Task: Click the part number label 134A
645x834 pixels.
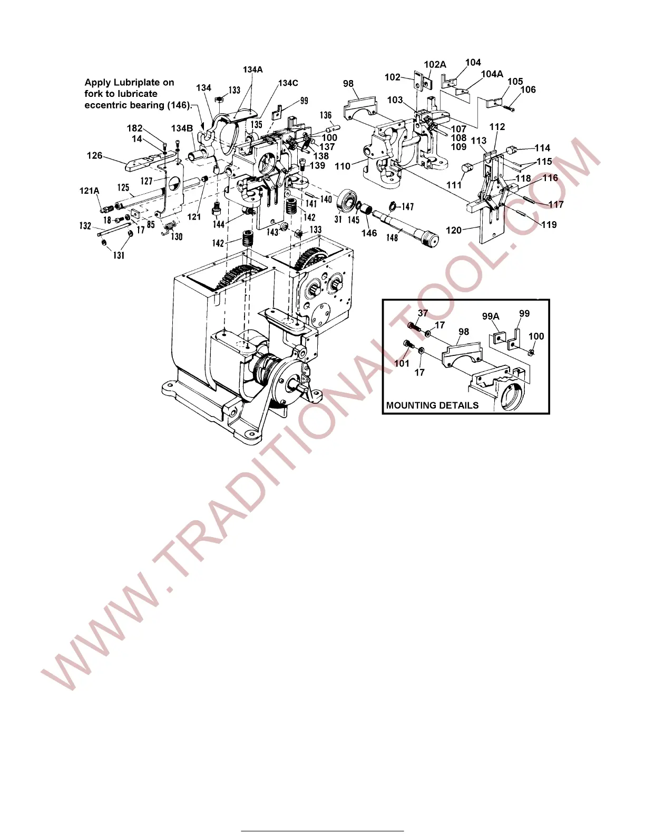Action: click(x=252, y=69)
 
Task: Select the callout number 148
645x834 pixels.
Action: click(x=392, y=237)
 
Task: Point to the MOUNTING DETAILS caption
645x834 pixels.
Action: click(x=432, y=405)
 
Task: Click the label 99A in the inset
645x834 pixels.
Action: click(x=491, y=316)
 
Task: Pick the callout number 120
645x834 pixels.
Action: click(x=454, y=230)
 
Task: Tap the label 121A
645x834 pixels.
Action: click(x=89, y=191)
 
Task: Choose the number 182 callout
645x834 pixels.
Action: click(x=134, y=128)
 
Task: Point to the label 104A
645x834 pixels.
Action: click(x=492, y=74)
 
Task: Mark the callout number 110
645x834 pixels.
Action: click(x=343, y=166)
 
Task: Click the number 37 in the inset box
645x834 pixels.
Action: click(x=423, y=313)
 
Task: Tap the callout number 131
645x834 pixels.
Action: click(x=119, y=255)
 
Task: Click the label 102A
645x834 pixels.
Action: click(x=435, y=65)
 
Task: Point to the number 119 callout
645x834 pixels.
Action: click(x=549, y=225)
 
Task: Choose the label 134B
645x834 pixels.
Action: click(x=182, y=128)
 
